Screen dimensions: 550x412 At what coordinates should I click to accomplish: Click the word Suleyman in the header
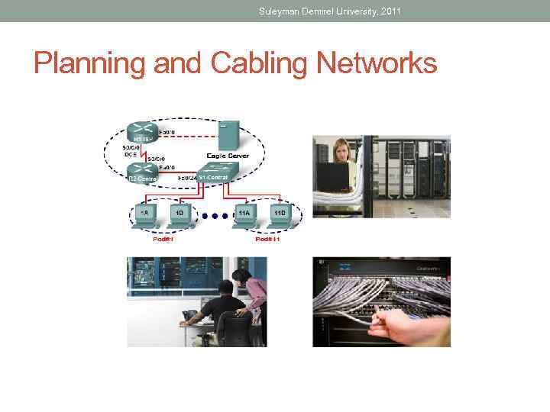[280, 11]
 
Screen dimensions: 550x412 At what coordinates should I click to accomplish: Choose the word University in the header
[350, 11]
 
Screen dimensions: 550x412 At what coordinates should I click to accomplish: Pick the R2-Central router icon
[142, 175]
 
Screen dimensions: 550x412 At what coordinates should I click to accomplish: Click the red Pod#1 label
[162, 240]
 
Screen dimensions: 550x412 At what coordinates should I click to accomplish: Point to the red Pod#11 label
[267, 240]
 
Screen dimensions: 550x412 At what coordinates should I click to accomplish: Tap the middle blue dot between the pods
[215, 216]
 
